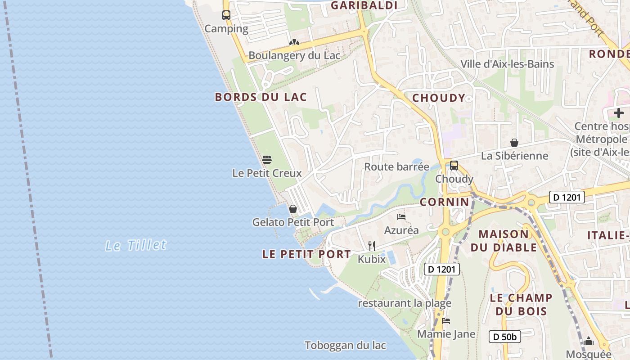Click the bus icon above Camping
coord(226,15)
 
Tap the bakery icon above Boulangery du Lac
coord(294,42)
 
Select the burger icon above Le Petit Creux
coord(267,160)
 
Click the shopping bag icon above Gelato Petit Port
coord(293,209)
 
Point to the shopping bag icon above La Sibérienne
coord(514,143)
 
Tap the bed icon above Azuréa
coord(401,217)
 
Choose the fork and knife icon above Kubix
coord(372,246)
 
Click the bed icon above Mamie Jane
coord(446,321)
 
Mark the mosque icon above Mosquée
coord(589,342)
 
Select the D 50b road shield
coord(505,337)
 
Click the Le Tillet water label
coord(136,245)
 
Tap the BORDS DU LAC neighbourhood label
coord(261,97)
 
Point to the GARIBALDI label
coord(364,5)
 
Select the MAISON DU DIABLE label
coord(504,241)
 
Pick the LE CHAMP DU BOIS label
coord(521,304)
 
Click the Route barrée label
coord(396,167)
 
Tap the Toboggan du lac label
coord(345,346)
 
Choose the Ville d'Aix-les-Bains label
coord(507,64)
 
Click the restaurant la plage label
coord(405,303)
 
